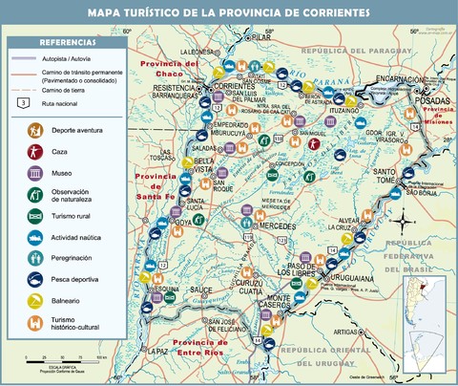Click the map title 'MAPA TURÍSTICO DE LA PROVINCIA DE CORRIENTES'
pyautogui.click(x=229, y=13)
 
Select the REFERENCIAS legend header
pyautogui.click(x=67, y=43)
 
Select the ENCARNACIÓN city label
pyautogui.click(x=387, y=79)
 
